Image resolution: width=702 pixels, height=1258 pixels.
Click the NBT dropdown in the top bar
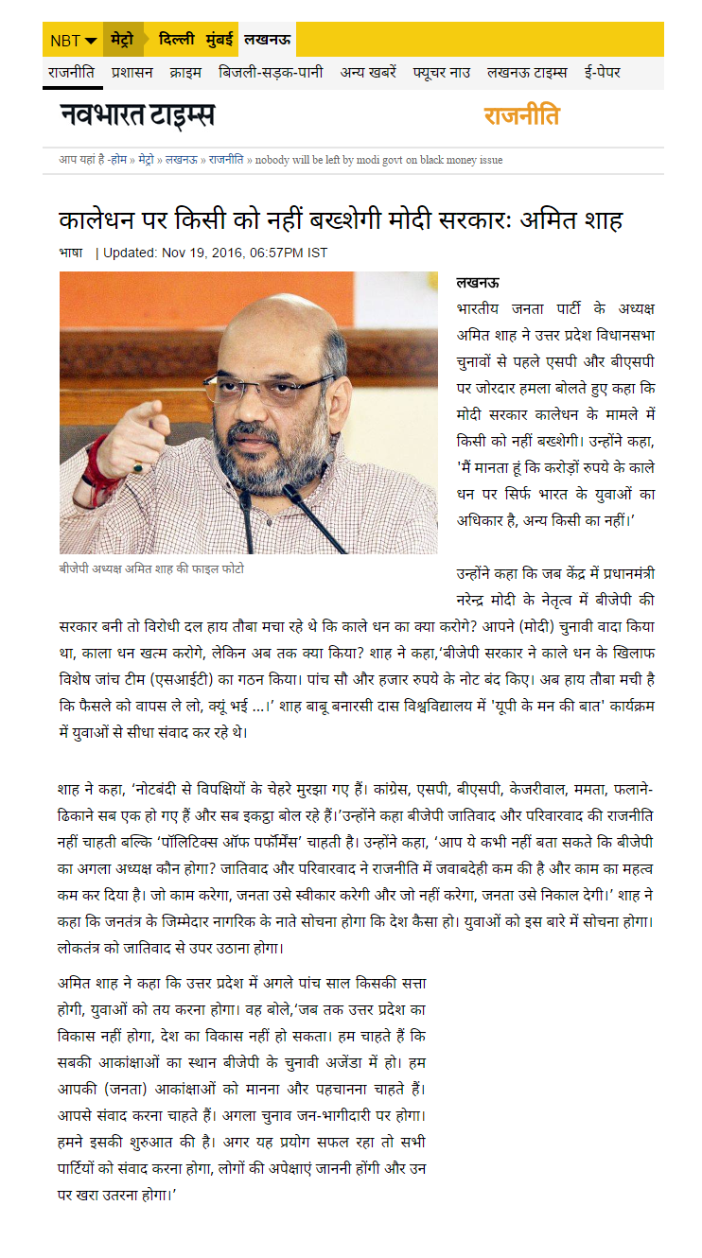[73, 40]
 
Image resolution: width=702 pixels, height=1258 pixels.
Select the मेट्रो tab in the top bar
[123, 40]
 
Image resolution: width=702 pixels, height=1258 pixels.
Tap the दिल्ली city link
[176, 40]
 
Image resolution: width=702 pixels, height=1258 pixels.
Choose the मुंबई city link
[219, 40]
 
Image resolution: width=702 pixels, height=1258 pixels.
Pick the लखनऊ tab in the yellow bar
[267, 40]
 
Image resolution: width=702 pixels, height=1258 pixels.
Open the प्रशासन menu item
[132, 72]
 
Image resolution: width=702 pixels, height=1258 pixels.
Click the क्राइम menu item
[184, 72]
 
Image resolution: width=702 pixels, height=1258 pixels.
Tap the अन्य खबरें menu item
[368, 72]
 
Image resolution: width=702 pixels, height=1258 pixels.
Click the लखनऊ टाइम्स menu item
[528, 72]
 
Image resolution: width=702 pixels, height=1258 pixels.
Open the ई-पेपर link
[602, 72]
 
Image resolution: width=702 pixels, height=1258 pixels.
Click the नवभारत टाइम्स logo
[137, 116]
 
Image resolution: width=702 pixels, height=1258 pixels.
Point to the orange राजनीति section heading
[521, 116]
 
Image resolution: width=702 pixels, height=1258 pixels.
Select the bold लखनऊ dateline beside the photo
[478, 282]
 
